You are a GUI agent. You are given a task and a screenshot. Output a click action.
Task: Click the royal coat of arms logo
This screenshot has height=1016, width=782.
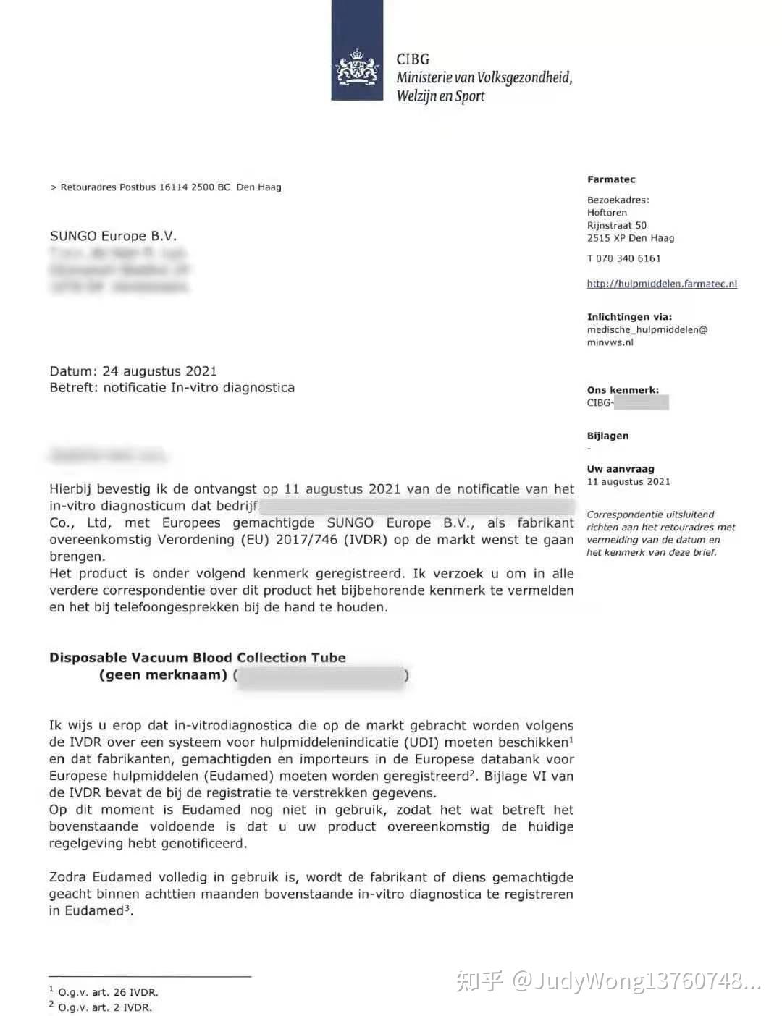tap(357, 69)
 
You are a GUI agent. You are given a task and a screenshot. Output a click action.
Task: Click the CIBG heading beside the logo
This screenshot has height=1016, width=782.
tap(413, 59)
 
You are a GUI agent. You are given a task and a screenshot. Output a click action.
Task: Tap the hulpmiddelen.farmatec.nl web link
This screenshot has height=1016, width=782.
tap(662, 284)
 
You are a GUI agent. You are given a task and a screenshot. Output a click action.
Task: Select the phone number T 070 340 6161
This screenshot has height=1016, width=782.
tap(623, 258)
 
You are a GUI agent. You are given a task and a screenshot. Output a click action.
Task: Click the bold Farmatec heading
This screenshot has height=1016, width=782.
tap(611, 179)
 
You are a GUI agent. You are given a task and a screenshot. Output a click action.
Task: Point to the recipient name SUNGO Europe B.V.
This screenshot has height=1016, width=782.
tap(113, 236)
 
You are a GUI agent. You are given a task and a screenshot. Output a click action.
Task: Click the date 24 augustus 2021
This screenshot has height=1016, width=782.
tap(159, 371)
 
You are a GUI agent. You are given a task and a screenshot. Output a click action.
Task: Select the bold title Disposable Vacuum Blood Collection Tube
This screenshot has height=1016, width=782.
tap(198, 658)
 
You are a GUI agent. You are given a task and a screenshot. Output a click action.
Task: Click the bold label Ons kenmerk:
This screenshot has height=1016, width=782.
tap(623, 390)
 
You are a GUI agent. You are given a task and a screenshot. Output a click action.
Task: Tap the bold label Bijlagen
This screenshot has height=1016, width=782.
tap(607, 436)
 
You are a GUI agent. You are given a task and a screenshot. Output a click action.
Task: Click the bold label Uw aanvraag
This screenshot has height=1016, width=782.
tap(621, 469)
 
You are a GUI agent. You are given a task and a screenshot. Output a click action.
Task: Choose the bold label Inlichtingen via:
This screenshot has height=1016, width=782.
tap(629, 316)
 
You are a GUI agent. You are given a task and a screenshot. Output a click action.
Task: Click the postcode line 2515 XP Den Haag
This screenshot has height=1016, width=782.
tap(630, 238)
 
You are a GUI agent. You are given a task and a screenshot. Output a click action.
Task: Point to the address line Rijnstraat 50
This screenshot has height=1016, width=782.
tap(617, 225)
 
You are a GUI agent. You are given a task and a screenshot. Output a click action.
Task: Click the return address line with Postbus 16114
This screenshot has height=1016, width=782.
tap(166, 187)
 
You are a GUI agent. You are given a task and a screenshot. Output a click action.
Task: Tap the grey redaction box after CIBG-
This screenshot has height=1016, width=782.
tap(641, 402)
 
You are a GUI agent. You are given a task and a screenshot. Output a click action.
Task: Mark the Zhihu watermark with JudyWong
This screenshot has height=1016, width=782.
tap(608, 981)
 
